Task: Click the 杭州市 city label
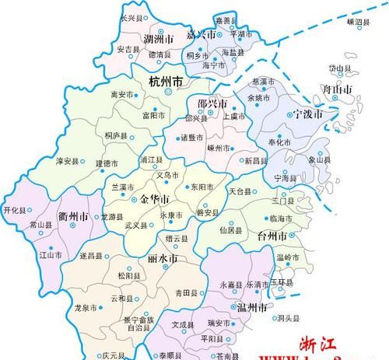tap(165, 80)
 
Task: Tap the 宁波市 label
tap(307, 114)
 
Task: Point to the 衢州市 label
tap(72, 216)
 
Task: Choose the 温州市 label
tap(251, 309)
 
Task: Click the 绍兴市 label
tap(212, 103)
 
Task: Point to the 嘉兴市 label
tap(202, 35)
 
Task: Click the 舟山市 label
tap(337, 90)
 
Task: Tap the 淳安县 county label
tap(68, 162)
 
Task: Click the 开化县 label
tap(15, 210)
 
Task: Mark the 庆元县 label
tap(113, 355)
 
